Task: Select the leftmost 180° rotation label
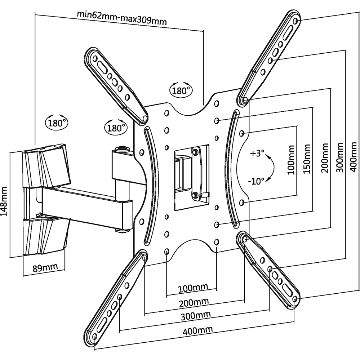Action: pos(57,123)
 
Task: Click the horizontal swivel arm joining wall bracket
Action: pos(83,205)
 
